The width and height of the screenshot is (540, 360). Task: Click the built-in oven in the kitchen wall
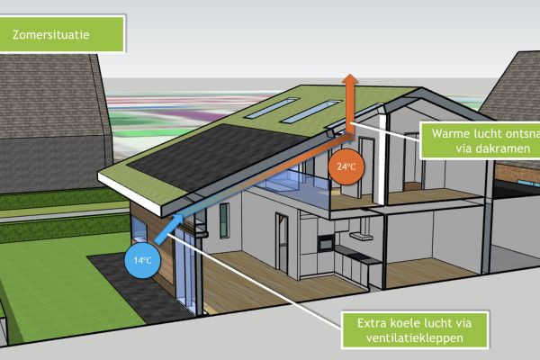[x=325, y=241]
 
